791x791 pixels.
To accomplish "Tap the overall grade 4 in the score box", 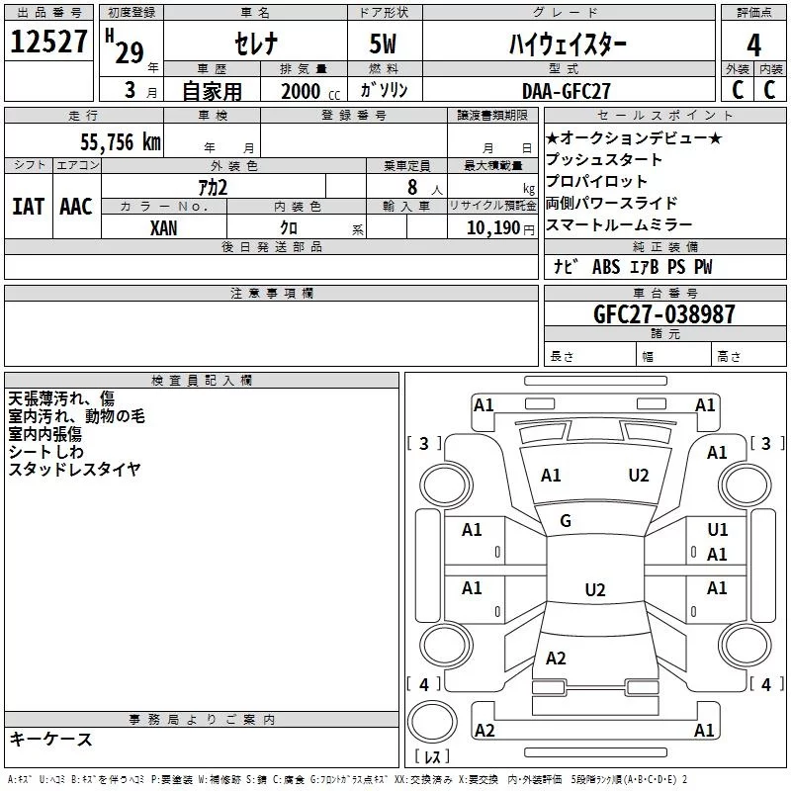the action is [753, 44].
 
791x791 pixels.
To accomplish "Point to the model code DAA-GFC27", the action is [566, 90].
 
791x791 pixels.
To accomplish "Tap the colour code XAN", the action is [164, 227].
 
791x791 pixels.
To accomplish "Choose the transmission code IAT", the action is [28, 207].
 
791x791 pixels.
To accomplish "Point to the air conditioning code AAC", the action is [76, 207].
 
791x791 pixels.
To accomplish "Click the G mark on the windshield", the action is [566, 521].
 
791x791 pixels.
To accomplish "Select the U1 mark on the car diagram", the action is [717, 530].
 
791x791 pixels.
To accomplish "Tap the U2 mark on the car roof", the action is [594, 590].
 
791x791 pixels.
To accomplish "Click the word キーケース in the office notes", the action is [50, 740].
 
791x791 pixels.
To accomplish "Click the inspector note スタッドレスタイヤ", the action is [74, 469].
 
